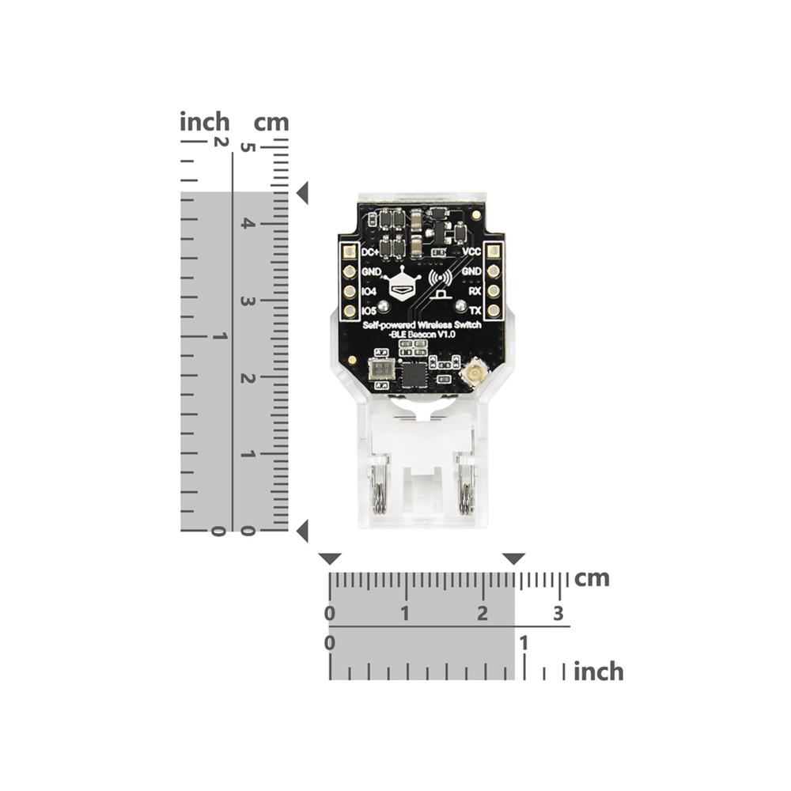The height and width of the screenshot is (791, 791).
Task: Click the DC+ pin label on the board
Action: (370, 252)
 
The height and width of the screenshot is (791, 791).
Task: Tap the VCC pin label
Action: (471, 252)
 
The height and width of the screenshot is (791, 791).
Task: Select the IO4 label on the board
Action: (369, 292)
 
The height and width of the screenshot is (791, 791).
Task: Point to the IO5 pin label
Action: (369, 312)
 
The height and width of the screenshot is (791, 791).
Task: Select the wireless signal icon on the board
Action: (440, 280)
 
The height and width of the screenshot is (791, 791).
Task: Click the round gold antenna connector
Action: (475, 373)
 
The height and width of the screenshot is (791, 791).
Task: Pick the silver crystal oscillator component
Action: (382, 368)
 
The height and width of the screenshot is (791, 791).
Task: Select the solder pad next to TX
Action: (493, 310)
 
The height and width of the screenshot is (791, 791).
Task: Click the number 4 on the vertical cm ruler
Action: (248, 224)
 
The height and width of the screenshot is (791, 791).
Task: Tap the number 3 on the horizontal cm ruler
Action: (558, 613)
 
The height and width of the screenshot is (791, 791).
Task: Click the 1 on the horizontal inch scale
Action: (522, 642)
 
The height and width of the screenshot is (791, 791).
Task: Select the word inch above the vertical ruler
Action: (205, 123)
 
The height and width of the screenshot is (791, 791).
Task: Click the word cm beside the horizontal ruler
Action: (592, 578)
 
